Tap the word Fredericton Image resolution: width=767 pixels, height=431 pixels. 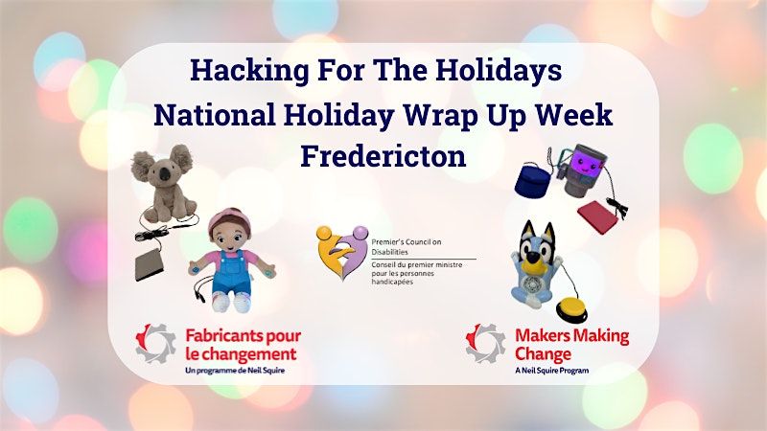coord(383,156)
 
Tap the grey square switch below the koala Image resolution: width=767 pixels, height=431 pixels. coord(152,263)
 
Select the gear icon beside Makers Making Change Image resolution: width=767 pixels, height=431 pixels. coord(484,342)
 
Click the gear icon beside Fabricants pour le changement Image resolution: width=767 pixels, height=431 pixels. coord(155,342)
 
